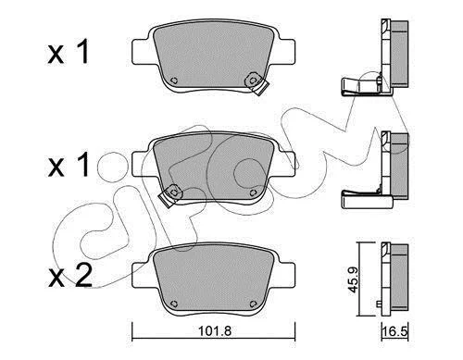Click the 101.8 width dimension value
tap(215, 331)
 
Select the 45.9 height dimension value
tap(353, 279)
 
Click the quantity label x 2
tap(69, 276)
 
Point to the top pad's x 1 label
tap(69, 52)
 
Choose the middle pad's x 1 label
tap(69, 165)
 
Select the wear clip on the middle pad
tap(170, 196)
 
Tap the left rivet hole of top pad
tap(174, 81)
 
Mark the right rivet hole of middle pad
tap(253, 192)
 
